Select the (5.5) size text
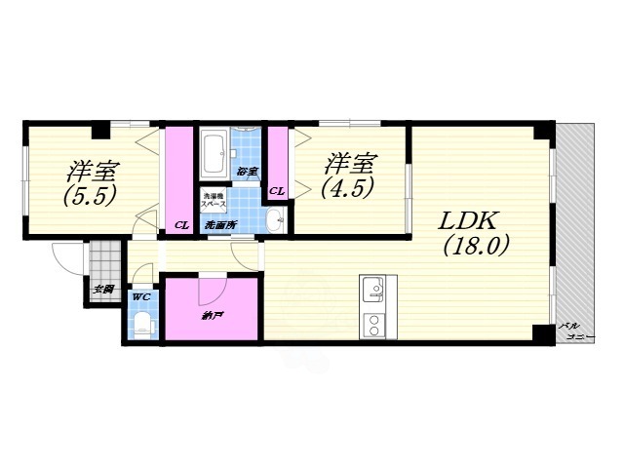(91, 195)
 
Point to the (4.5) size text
(350, 188)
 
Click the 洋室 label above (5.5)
(92, 170)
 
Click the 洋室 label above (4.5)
(350, 162)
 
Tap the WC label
(140, 296)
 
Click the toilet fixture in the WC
(142, 323)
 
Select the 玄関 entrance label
(103, 290)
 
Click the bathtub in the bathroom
(214, 151)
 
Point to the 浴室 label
(247, 173)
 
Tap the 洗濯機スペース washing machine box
(214, 201)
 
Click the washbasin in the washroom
(274, 217)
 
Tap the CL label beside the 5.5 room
(181, 226)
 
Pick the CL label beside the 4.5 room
(277, 191)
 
